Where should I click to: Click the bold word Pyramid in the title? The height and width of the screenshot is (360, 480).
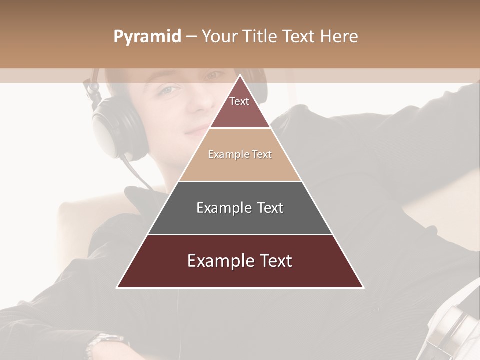pos(147,37)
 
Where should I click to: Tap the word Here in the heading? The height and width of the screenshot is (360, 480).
pos(339,37)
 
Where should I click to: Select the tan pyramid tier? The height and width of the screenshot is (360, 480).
pos(240,160)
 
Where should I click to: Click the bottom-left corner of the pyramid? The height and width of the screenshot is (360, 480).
pos(118,287)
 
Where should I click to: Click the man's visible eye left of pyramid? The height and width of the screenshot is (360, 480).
pos(169,90)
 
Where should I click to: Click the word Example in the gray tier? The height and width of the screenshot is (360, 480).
pos(218,208)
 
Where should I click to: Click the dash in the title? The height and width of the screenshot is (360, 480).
pos(191,37)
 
